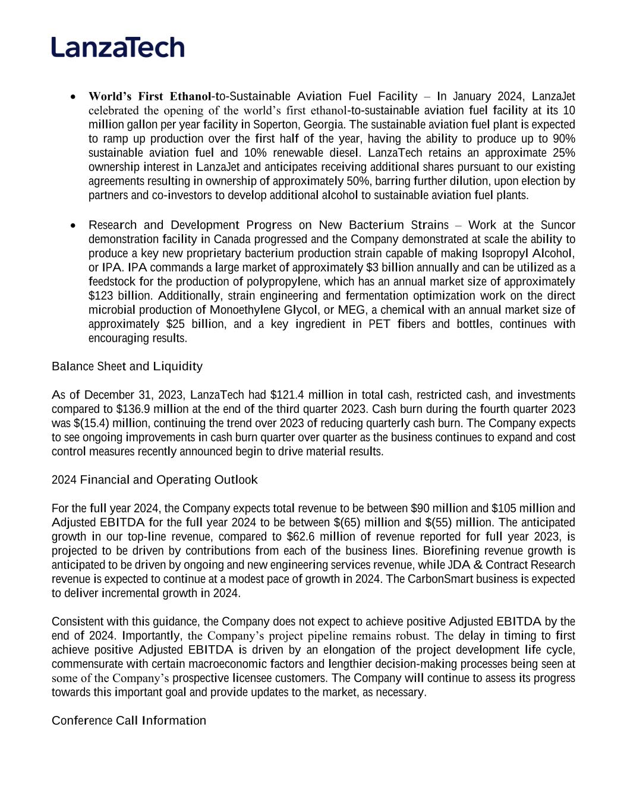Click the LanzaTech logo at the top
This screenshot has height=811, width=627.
[x=118, y=47]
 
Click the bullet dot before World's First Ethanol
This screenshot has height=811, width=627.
[x=73, y=96]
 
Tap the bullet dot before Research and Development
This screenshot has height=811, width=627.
[x=73, y=225]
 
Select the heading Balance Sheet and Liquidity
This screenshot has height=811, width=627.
[x=127, y=366]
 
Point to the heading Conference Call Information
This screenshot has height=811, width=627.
[x=129, y=721]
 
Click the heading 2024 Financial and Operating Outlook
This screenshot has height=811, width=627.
[x=155, y=479]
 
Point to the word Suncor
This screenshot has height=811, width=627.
[x=557, y=225]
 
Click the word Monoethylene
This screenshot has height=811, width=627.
[x=246, y=310]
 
